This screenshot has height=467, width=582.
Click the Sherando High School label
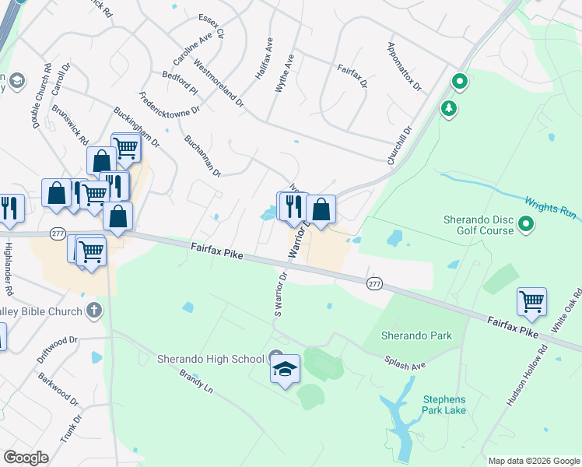pyautogui.click(x=210, y=359)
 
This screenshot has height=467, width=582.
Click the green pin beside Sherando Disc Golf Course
pyautogui.click(x=527, y=226)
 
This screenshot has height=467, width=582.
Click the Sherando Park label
pyautogui.click(x=416, y=336)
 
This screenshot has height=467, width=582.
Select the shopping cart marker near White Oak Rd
pyautogui.click(x=531, y=300)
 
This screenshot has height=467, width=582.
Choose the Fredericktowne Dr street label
pyautogui.click(x=170, y=114)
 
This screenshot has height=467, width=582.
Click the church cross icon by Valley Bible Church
pyautogui.click(x=94, y=311)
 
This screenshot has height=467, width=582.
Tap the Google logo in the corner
pyautogui.click(x=26, y=457)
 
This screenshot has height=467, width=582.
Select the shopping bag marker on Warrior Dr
pyautogui.click(x=321, y=209)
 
